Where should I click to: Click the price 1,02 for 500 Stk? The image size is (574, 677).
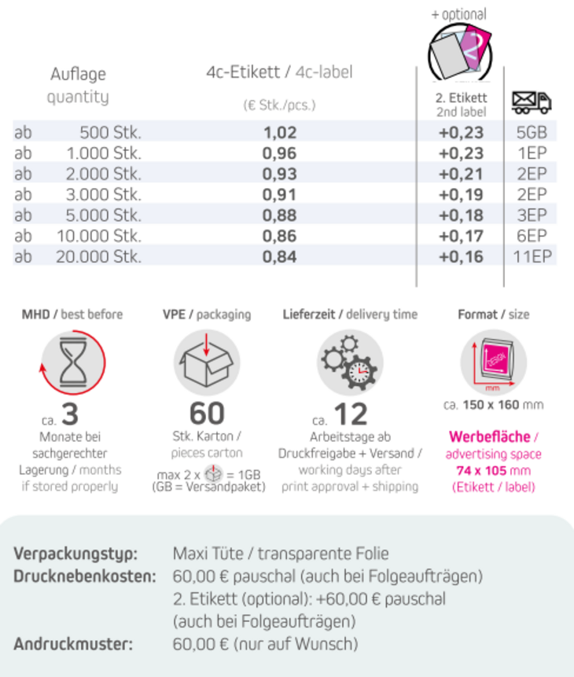(280, 132)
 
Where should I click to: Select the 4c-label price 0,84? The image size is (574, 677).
(280, 256)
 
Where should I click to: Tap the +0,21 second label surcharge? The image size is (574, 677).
(461, 173)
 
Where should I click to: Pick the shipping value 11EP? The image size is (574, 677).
(532, 256)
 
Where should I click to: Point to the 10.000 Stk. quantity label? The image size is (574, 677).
(98, 235)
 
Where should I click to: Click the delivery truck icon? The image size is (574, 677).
(531, 102)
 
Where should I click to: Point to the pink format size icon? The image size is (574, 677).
(494, 361)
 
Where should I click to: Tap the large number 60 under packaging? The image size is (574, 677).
(207, 413)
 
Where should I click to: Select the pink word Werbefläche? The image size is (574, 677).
(489, 437)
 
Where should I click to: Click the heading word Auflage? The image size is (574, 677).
(78, 75)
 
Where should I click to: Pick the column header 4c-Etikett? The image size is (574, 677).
(243, 72)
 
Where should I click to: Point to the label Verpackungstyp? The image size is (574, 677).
(75, 554)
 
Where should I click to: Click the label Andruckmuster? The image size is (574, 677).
(73, 644)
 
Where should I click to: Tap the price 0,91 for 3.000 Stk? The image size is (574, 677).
(280, 193)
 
